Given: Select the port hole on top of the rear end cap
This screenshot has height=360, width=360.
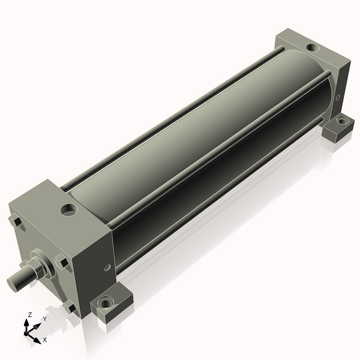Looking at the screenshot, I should pos(312,47).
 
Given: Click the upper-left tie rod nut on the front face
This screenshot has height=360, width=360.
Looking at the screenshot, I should pos(16,222).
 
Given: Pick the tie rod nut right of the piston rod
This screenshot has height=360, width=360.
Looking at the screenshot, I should pos(61,262).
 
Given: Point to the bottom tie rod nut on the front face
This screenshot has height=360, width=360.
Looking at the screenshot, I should pos(70,308).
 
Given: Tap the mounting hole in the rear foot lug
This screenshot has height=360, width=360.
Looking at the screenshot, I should pos(341,121).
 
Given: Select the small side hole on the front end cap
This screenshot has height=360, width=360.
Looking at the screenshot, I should pos(107,268).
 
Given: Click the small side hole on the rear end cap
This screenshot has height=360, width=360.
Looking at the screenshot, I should pos(338,97).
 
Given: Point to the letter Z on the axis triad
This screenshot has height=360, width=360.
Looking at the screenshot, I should pos(30,314).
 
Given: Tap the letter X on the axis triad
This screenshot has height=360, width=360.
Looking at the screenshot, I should pos(45,340).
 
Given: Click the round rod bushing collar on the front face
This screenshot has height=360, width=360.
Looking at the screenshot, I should pos(38,266).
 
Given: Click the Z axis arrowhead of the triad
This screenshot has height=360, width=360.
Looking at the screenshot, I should pos(26,322).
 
